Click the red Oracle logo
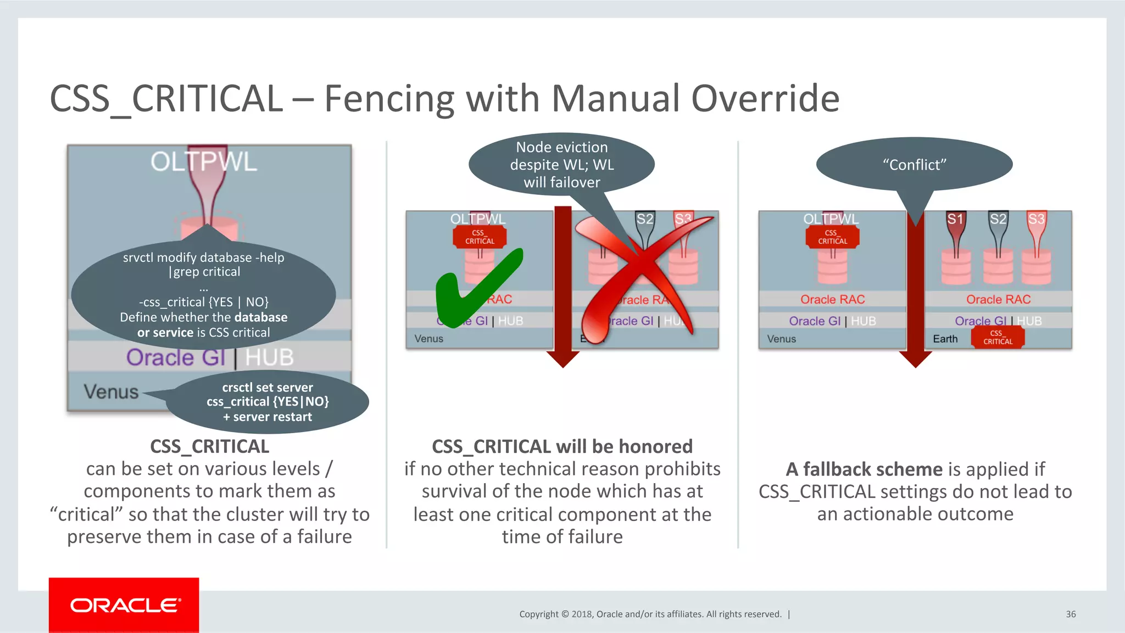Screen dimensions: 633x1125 124,605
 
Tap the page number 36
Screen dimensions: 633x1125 1071,614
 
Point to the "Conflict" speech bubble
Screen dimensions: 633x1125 914,164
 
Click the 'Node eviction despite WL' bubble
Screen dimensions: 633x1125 561,164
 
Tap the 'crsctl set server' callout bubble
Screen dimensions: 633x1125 268,402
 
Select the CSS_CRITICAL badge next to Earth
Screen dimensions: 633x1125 998,337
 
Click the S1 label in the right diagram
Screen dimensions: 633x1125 955,219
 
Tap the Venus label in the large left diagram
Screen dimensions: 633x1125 111,391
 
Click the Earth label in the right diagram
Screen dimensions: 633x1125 945,339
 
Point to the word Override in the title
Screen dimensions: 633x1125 765,99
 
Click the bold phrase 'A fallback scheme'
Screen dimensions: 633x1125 864,469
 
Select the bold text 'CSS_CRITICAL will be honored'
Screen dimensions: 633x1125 562,446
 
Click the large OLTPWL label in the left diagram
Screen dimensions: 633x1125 204,161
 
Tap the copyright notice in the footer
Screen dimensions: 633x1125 650,614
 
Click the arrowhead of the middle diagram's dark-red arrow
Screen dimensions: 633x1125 563,359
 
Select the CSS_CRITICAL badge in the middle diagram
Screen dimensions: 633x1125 480,237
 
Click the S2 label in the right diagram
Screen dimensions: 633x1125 998,219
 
